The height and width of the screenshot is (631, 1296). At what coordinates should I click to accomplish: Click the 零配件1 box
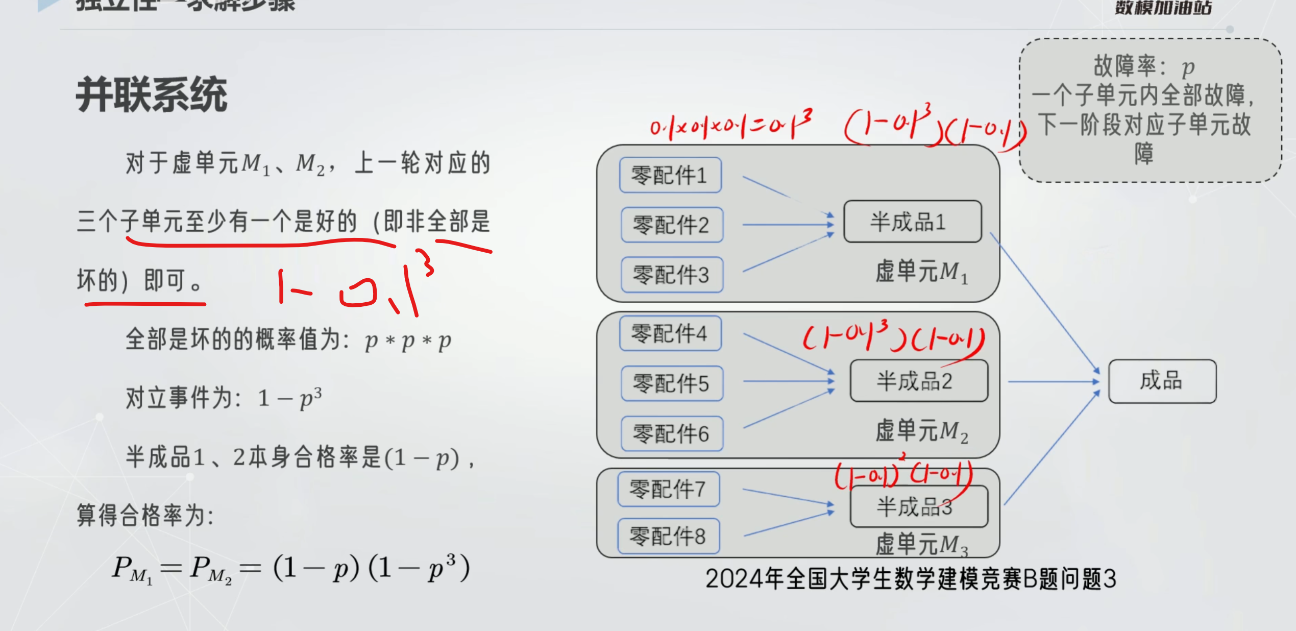click(x=670, y=175)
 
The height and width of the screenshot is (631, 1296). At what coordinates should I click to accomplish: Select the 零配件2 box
click(x=671, y=225)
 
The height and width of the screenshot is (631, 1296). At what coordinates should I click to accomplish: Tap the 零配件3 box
click(x=671, y=275)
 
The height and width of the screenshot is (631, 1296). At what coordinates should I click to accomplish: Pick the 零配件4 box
click(x=670, y=333)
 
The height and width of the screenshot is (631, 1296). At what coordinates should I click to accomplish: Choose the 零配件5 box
click(x=671, y=383)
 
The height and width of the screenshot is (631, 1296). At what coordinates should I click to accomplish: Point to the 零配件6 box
click(x=671, y=434)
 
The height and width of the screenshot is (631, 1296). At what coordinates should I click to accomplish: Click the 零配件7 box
click(x=668, y=489)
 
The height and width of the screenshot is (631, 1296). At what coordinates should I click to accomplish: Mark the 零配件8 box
click(x=668, y=536)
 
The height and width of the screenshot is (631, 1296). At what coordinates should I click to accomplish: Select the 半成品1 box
click(x=912, y=222)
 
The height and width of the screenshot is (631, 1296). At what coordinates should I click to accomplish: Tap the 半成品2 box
click(x=918, y=381)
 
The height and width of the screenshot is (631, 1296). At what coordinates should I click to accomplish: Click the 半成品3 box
click(x=918, y=507)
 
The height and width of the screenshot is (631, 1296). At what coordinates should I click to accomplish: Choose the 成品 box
click(x=1162, y=381)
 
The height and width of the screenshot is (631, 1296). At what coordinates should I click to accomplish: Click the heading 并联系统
click(x=152, y=95)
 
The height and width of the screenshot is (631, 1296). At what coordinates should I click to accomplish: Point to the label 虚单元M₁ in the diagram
click(x=921, y=272)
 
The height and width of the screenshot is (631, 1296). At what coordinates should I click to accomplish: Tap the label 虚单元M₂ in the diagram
click(x=921, y=431)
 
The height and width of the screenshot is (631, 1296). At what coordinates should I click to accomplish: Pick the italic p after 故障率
click(x=1188, y=67)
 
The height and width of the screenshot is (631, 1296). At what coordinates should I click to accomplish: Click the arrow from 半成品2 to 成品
click(x=1053, y=381)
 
